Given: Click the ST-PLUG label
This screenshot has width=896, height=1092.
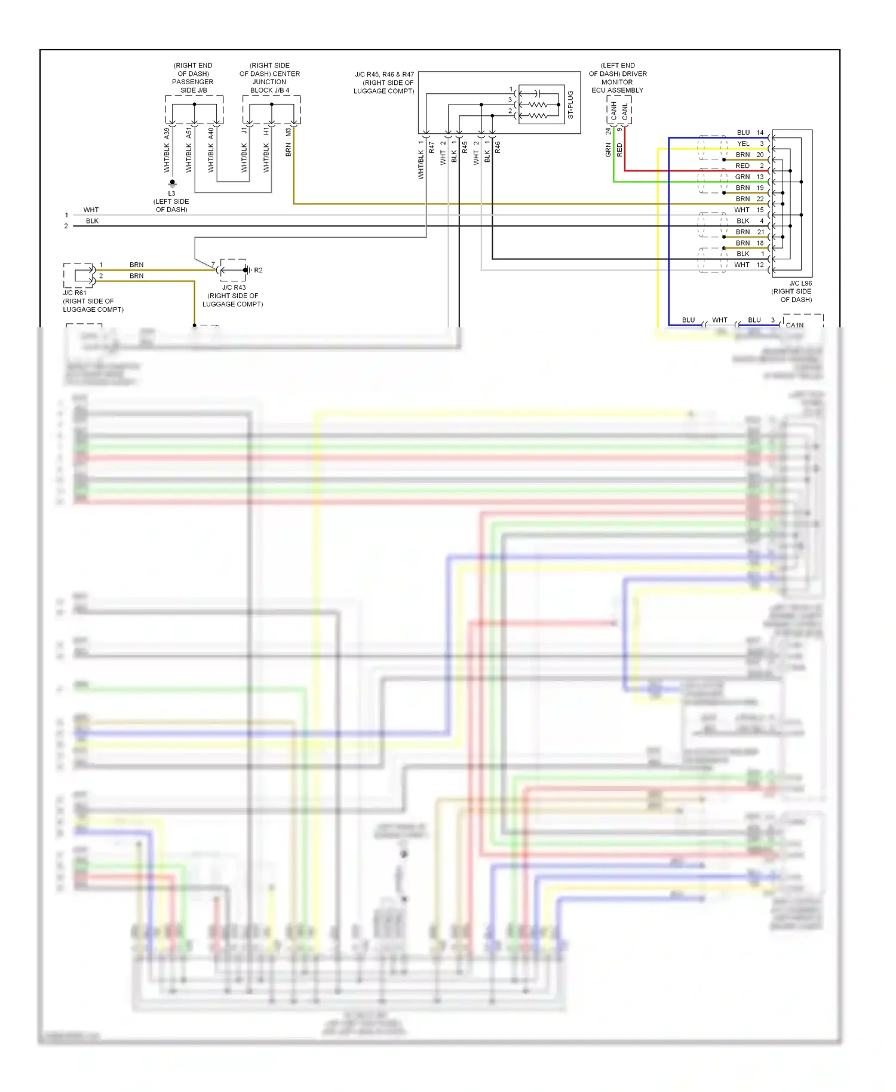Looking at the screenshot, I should click(x=570, y=104).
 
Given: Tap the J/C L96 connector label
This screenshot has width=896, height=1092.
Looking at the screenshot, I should click(x=800, y=283).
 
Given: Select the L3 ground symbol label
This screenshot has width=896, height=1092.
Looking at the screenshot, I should click(x=171, y=194).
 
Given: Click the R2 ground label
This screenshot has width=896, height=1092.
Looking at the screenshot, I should click(x=258, y=270).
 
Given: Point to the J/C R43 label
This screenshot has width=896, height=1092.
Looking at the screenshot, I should click(x=234, y=287).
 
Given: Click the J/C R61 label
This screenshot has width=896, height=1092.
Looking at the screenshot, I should click(x=75, y=293).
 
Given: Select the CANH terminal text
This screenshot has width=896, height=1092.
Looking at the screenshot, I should click(x=613, y=111).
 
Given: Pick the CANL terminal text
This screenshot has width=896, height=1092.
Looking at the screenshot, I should click(x=625, y=111).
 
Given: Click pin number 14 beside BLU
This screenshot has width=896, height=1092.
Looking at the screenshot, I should click(x=760, y=133).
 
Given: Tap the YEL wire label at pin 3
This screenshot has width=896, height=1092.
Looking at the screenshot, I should click(x=743, y=143).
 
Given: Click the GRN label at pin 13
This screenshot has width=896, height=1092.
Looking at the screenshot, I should click(x=742, y=177).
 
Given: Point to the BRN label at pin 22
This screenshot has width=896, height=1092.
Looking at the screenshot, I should click(x=742, y=199).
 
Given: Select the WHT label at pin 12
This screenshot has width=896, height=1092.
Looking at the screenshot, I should click(x=742, y=265).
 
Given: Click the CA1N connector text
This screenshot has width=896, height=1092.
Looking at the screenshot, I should click(x=794, y=325).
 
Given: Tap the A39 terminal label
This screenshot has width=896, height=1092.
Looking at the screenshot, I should click(x=167, y=133).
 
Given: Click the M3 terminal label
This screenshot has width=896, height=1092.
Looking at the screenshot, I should click(x=288, y=132).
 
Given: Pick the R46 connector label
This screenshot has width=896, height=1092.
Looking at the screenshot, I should click(x=498, y=146).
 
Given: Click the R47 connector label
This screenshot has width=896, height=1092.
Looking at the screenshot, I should click(x=431, y=146).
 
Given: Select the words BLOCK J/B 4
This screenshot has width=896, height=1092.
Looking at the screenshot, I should click(x=269, y=90).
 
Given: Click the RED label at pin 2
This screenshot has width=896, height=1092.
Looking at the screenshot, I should click(x=742, y=165).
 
